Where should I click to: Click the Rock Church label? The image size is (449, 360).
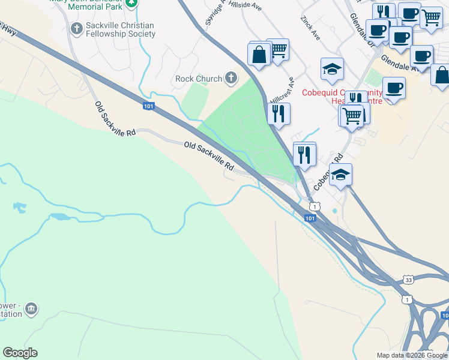click(x=198, y=79)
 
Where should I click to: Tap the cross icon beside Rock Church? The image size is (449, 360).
click(x=231, y=78)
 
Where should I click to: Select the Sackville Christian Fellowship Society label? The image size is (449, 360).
click(x=116, y=30)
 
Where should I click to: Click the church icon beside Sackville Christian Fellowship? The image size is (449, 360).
click(x=76, y=28)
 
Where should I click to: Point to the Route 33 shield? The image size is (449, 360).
click(x=408, y=280)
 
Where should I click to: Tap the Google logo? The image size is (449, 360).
click(x=20, y=353)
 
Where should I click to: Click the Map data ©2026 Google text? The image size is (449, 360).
click(x=412, y=355)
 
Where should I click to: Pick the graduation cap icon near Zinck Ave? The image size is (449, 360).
click(x=331, y=70)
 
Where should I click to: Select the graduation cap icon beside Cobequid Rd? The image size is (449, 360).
click(x=340, y=175)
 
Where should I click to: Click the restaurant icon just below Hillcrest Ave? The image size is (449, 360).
click(x=279, y=113)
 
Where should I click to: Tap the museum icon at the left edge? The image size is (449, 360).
click(x=31, y=309)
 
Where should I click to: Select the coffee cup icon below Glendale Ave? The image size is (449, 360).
click(x=394, y=88)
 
